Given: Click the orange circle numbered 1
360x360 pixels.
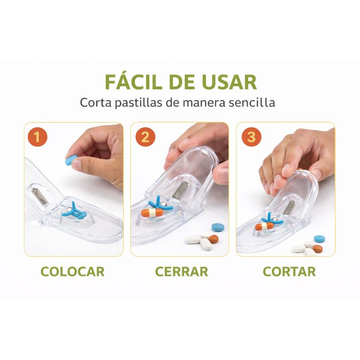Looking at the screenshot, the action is [x=37, y=137].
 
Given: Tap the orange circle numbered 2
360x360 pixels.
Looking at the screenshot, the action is [x=145, y=137].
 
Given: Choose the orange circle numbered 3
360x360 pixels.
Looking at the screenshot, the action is [x=252, y=137].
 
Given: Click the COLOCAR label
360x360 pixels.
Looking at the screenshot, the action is [x=72, y=272].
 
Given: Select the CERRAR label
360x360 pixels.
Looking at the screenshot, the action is [x=182, y=272].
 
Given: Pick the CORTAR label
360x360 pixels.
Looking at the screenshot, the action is [x=289, y=272].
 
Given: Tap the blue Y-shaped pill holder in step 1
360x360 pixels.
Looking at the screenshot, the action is [x=74, y=211].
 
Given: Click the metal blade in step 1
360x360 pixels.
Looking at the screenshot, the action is [x=40, y=196].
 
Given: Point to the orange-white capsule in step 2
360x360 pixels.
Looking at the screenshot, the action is [x=152, y=213].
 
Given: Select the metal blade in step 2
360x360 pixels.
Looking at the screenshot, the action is [x=179, y=190].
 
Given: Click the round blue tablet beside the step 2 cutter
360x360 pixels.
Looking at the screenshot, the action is [x=218, y=227].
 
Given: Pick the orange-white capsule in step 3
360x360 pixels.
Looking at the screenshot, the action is [x=264, y=227].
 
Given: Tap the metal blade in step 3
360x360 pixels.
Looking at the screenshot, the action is [x=289, y=207].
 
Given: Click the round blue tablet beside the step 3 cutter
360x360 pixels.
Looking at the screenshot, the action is [x=319, y=239].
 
